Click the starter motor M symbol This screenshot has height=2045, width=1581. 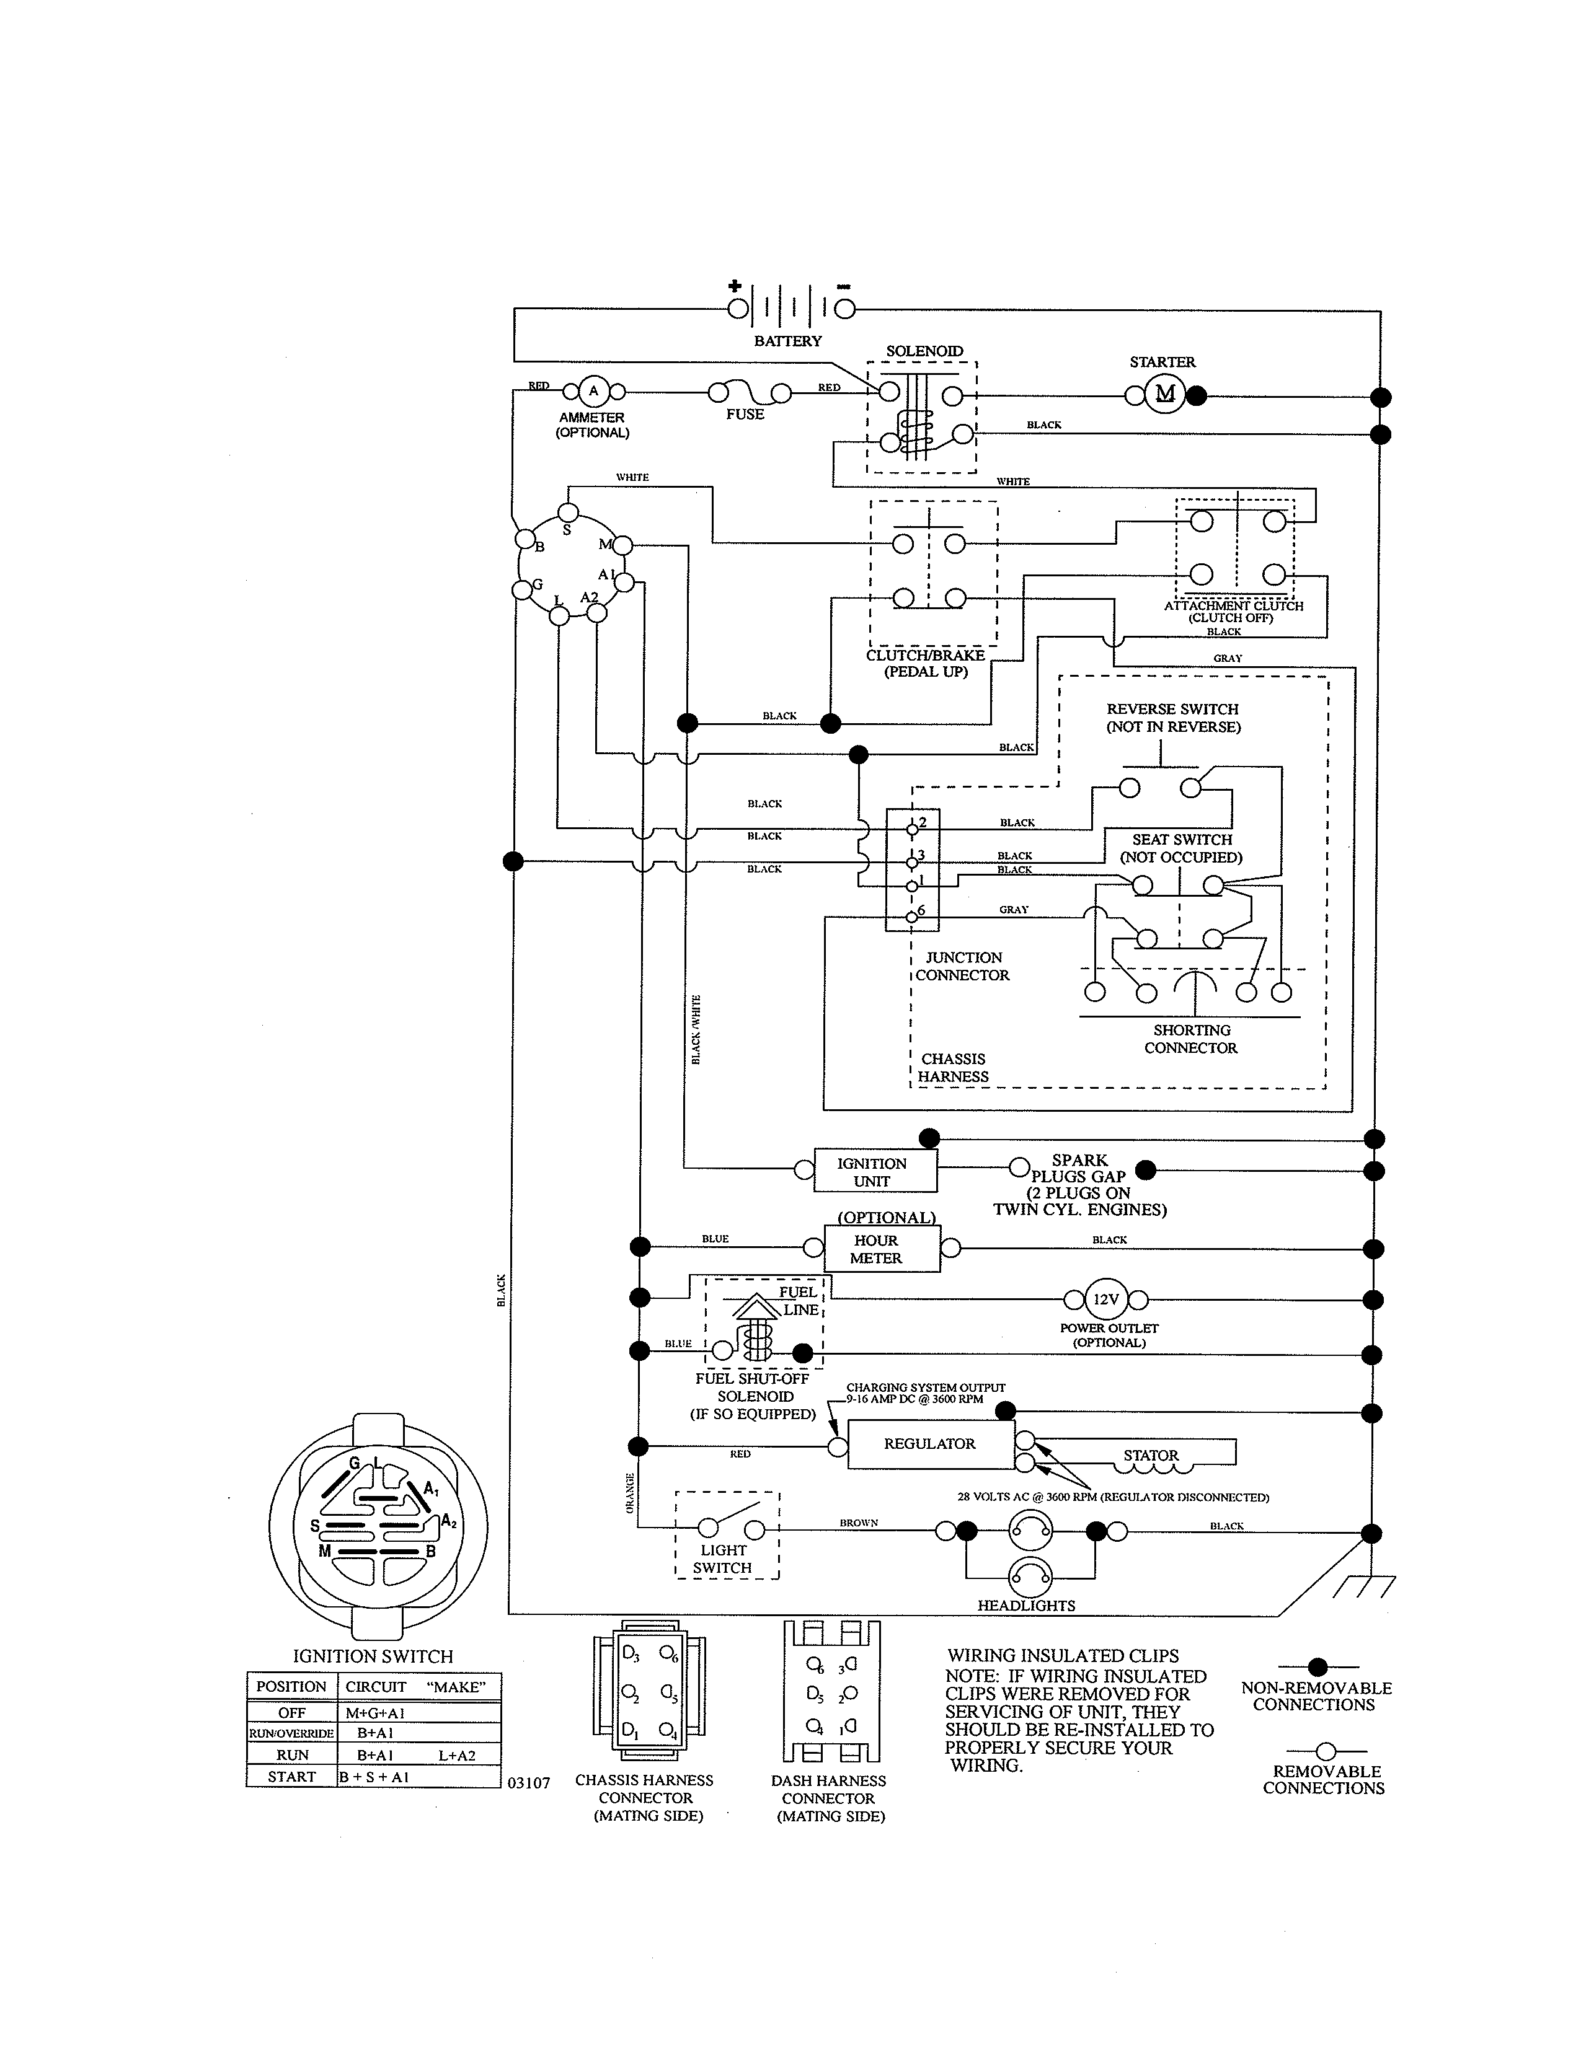click(1165, 394)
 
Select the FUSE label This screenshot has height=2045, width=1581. click(745, 415)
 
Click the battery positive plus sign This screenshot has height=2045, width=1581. click(735, 286)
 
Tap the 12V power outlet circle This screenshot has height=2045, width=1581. click(1106, 1300)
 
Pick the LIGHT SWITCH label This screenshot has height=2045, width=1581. click(723, 1559)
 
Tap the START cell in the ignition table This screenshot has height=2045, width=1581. click(291, 1776)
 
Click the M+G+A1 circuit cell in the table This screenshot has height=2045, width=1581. click(374, 1713)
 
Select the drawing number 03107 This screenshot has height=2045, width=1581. click(529, 1783)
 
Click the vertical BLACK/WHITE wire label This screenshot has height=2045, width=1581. click(696, 1030)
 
